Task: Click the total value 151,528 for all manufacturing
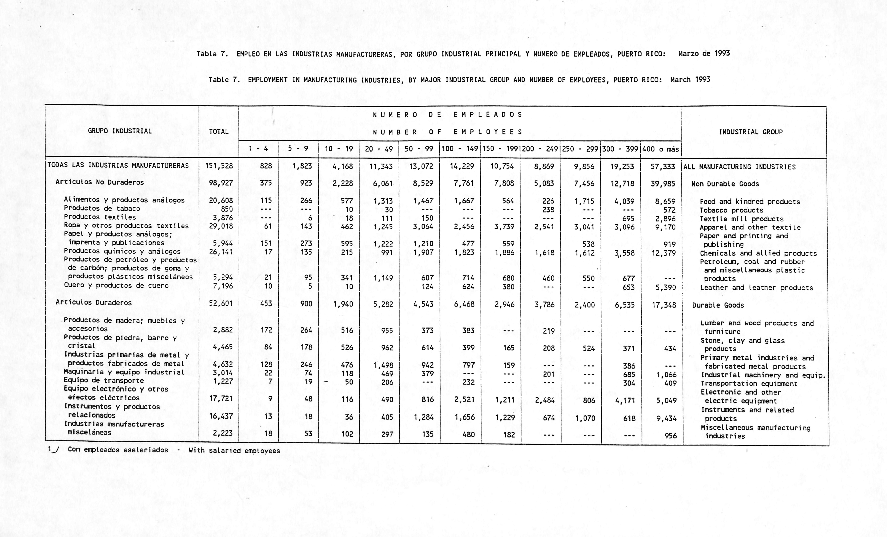pos(219,166)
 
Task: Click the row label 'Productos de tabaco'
pos(102,209)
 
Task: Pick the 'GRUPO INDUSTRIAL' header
pos(120,131)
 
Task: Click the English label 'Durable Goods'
pos(718,305)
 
